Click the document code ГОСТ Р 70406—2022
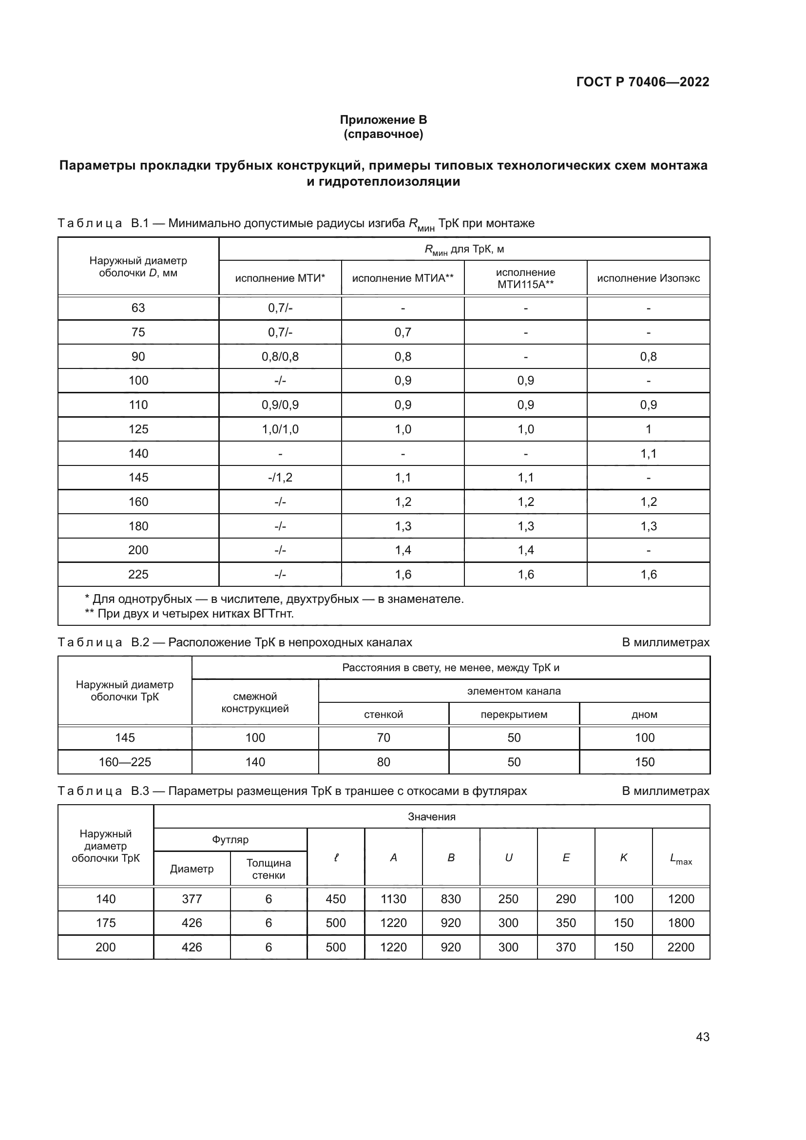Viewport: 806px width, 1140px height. (x=642, y=82)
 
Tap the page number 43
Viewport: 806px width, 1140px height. (x=702, y=1036)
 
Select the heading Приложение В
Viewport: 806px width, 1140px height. (x=383, y=120)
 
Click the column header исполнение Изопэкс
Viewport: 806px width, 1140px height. (x=648, y=278)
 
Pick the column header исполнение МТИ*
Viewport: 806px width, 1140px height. (x=280, y=278)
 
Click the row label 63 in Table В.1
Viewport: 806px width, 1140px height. (x=138, y=308)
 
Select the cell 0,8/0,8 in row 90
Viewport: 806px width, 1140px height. (x=280, y=356)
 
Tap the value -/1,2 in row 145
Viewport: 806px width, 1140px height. (x=280, y=477)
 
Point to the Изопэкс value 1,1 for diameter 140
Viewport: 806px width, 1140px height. (x=648, y=453)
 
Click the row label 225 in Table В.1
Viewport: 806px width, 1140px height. (x=138, y=575)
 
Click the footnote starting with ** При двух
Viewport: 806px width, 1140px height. (x=189, y=614)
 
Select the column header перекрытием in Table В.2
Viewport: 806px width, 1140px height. (x=514, y=715)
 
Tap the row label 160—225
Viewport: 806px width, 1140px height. (x=125, y=762)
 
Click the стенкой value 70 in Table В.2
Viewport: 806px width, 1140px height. (x=383, y=737)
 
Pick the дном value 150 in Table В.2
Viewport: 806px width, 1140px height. (x=644, y=762)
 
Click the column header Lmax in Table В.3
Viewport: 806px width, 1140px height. (x=680, y=858)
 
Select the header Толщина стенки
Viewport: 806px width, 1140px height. (x=269, y=869)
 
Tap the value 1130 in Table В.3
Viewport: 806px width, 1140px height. (x=393, y=899)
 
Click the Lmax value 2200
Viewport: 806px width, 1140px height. (x=680, y=947)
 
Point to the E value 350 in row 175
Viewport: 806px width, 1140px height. (x=565, y=923)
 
